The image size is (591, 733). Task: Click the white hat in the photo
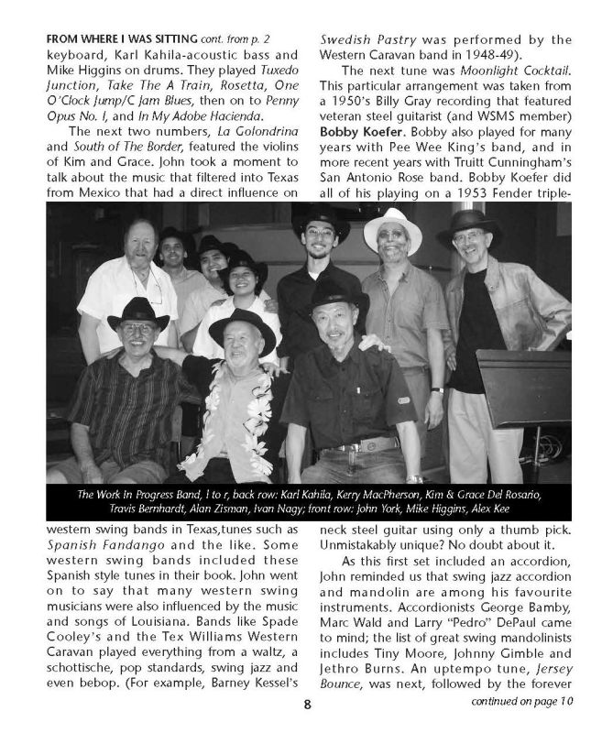pos(391,229)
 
